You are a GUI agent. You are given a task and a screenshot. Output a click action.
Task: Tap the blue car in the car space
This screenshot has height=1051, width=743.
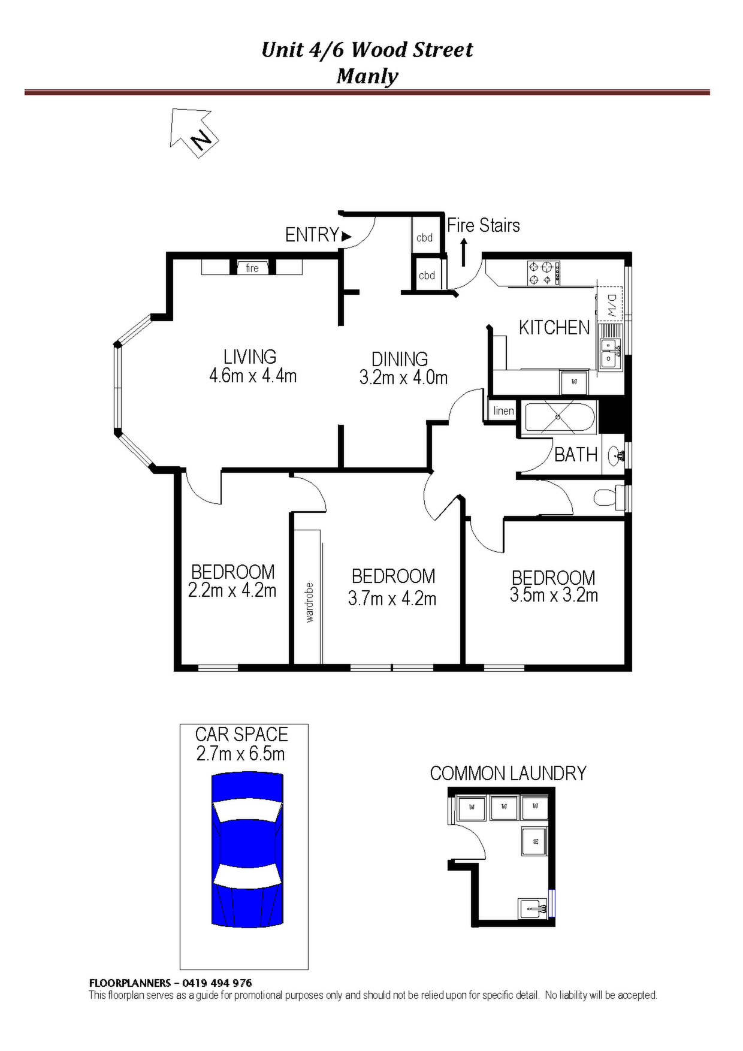[247, 849]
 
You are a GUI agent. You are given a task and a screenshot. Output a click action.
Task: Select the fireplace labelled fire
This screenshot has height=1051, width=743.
[252, 267]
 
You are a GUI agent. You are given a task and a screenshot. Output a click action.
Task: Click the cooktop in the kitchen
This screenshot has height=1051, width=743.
[544, 273]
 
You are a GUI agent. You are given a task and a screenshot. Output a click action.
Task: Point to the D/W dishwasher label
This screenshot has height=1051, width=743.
[611, 305]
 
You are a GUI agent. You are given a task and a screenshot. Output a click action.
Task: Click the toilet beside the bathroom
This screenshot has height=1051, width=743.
[607, 497]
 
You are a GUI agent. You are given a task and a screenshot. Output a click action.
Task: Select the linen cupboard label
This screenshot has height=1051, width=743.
[503, 411]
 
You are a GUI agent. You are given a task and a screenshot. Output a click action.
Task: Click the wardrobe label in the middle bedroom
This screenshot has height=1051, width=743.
[309, 602]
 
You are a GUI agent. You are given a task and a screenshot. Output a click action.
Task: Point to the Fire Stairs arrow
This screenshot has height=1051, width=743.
[464, 252]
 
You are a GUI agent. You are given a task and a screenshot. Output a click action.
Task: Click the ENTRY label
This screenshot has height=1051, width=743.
[312, 235]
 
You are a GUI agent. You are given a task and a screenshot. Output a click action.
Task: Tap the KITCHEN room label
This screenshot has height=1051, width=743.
[554, 328]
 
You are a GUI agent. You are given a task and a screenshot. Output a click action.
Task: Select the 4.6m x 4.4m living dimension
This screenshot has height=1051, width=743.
[253, 376]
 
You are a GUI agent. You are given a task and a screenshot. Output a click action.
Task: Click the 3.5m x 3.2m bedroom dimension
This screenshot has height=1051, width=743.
[554, 595]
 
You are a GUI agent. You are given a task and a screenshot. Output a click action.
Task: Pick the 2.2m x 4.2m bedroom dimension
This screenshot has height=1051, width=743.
[232, 590]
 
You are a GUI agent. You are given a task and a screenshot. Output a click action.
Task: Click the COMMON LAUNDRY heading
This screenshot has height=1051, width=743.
[508, 774]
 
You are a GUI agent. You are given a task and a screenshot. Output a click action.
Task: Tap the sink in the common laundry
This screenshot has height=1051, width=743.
[533, 908]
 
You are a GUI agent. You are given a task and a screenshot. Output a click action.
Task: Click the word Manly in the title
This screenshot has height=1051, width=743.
[367, 77]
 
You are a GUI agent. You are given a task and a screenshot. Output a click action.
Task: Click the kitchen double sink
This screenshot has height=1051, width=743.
[611, 352]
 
